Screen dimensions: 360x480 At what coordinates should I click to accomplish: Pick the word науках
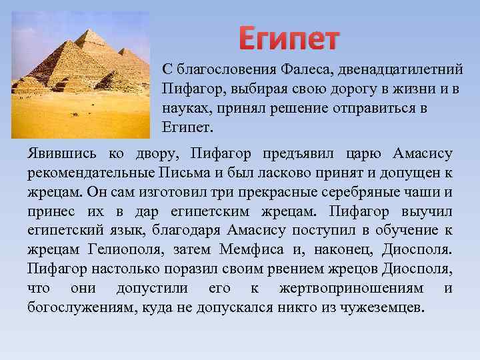coord(181,108)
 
